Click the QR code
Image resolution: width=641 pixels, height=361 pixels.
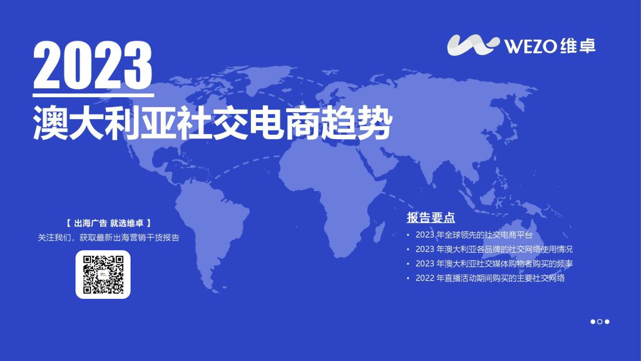click(103, 275)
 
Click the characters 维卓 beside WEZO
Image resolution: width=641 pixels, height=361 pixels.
click(577, 46)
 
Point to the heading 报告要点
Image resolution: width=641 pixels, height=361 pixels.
click(431, 218)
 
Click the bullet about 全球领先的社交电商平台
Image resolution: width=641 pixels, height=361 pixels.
click(474, 235)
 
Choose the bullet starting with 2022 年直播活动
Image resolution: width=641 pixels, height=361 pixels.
click(490, 278)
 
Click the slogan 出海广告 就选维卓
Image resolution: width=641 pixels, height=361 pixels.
click(109, 223)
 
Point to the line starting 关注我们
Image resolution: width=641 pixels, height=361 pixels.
click(109, 238)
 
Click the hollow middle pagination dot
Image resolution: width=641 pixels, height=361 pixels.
click(600, 322)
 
